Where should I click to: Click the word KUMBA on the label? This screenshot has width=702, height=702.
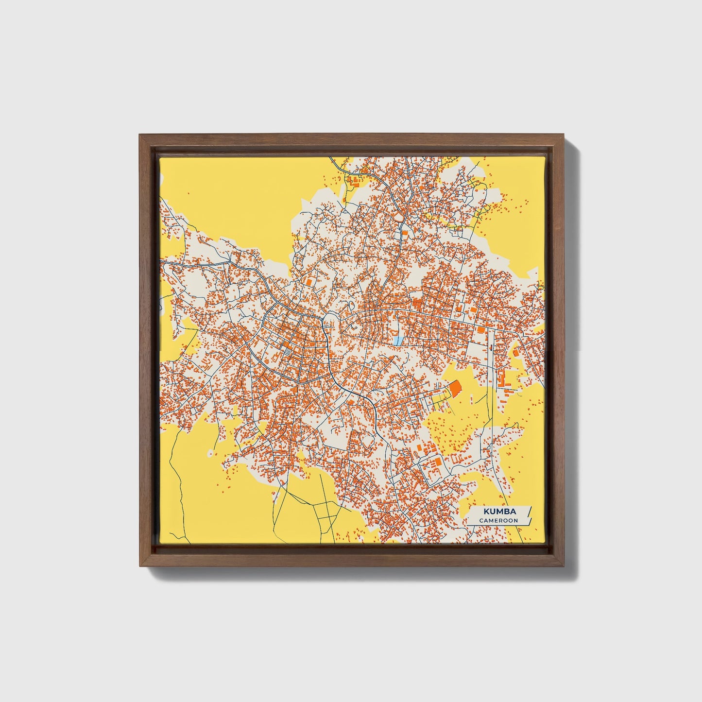point(499,512)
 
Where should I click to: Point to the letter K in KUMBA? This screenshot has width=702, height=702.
point(486,512)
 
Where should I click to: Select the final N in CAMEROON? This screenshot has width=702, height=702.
point(515,520)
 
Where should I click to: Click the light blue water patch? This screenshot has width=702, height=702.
point(398,341)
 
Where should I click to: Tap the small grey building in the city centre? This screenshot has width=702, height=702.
point(288,351)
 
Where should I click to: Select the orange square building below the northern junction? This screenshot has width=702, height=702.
point(404,233)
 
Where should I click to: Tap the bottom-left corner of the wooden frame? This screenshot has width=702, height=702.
point(139,566)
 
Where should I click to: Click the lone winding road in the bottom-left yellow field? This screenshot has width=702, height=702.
point(177,491)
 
